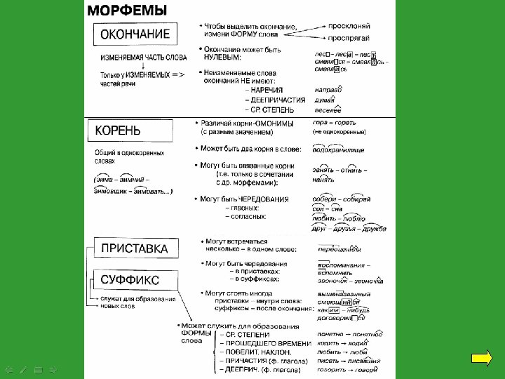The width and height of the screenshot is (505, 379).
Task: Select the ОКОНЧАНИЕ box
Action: [135, 34]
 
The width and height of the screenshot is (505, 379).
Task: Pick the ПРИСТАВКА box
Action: [134, 248]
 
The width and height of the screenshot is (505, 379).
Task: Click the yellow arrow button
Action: [482, 359]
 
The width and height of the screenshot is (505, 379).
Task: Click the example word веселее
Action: [328, 110]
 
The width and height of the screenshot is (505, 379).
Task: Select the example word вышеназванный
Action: [342, 293]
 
